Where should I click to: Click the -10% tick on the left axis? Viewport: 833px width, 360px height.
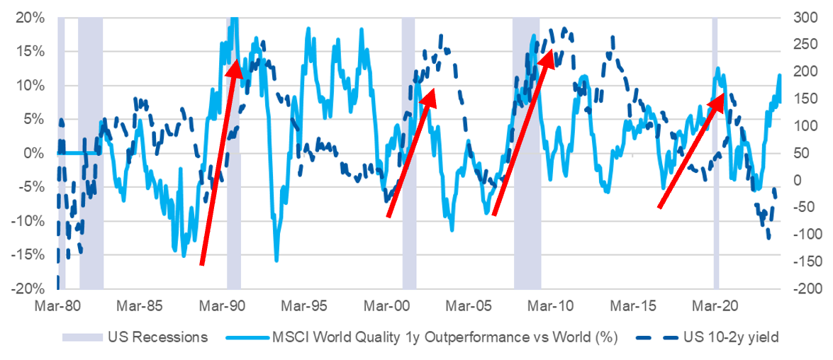[x=30, y=220]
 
